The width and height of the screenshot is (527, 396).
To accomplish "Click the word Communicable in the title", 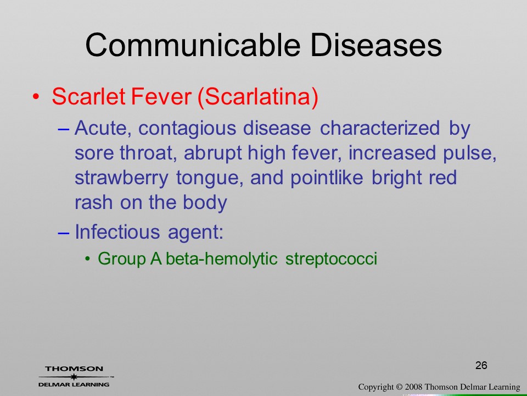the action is coord(193,45).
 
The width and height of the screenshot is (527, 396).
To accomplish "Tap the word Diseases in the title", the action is coord(376,45).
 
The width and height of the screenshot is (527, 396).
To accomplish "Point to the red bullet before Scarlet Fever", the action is coord(36,97).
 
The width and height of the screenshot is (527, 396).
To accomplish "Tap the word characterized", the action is coord(380,128).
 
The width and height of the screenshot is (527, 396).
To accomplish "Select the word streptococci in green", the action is coord(331,259).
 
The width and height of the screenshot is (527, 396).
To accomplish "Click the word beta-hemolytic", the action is coord(221,258).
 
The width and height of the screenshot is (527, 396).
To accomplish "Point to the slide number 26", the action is coord(481,365).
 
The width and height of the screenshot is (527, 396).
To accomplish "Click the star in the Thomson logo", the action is coord(74,376).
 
